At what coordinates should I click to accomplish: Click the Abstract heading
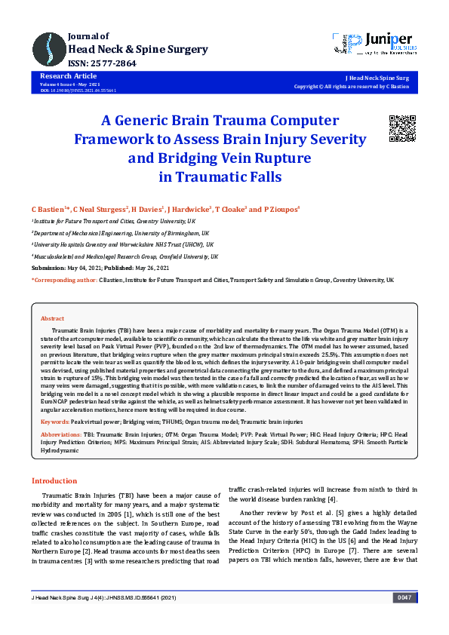[x=52, y=319]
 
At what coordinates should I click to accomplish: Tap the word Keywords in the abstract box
[x=54, y=420]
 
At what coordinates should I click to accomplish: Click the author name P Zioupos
[x=283, y=208]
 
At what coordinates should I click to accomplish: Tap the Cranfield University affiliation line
[x=125, y=256]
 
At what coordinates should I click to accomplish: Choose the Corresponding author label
[x=64, y=280]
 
